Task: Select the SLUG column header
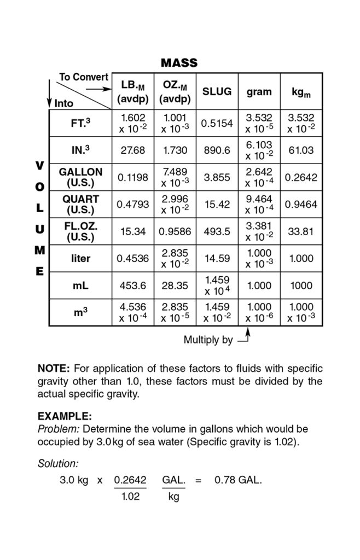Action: tap(217, 92)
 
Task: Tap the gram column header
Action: tap(259, 92)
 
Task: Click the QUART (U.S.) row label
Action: tap(80, 204)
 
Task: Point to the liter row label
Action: tap(80, 258)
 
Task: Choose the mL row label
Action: tap(80, 285)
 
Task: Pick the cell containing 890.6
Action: tap(217, 150)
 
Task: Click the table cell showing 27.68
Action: tap(133, 150)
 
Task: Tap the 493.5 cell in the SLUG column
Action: tap(217, 231)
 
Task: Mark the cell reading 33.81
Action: tap(301, 231)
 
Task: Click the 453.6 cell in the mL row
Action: tap(133, 285)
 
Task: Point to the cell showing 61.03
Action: tap(301, 150)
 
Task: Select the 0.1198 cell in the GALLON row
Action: tap(133, 177)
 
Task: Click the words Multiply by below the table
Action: tap(208, 340)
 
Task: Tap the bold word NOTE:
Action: tap(54, 368)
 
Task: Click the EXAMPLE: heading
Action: tap(65, 416)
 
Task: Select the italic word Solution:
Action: tap(58, 463)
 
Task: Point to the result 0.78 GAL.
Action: tap(238, 481)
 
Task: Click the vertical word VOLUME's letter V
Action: tap(39, 165)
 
